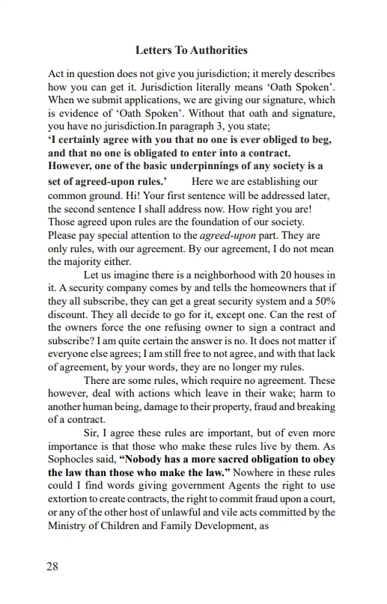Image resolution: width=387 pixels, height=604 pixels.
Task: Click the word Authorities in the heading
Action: (x=218, y=50)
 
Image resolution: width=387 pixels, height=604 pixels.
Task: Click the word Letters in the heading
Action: (x=153, y=50)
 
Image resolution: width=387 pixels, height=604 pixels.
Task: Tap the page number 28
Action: (x=53, y=566)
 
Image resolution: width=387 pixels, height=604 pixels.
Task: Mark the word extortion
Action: (x=72, y=500)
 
